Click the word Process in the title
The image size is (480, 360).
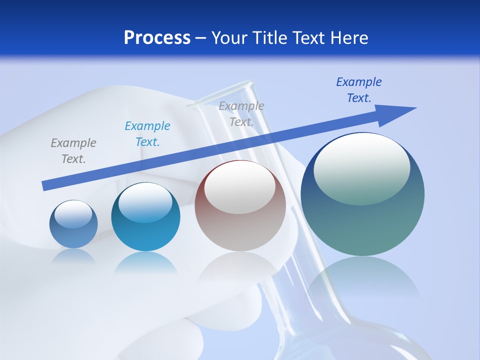click(x=157, y=37)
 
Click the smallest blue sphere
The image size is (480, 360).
click(x=73, y=224)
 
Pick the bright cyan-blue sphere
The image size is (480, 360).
click(x=145, y=216)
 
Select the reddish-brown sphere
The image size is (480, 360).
click(x=240, y=205)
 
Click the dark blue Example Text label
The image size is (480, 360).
click(x=359, y=90)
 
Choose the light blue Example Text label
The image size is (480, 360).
click(x=147, y=133)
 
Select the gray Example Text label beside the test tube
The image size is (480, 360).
click(x=241, y=113)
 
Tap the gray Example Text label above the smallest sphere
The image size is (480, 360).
click(x=73, y=150)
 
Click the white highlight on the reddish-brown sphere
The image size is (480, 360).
click(x=240, y=186)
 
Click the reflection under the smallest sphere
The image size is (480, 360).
click(x=73, y=256)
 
